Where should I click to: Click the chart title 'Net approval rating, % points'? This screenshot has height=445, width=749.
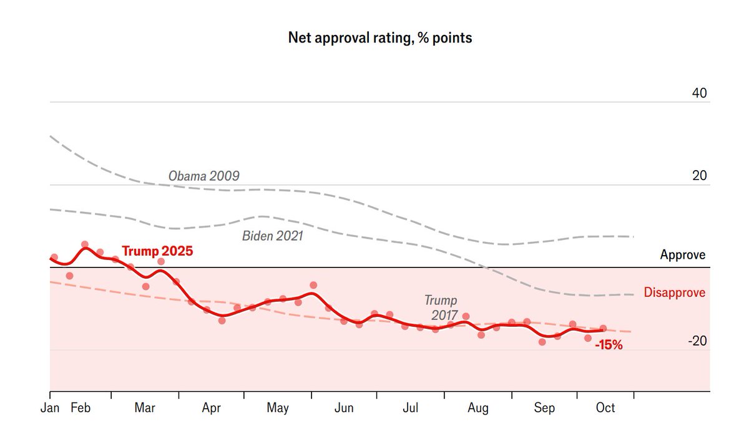pos(379,37)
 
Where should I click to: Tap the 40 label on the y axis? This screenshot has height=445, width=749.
pos(699,93)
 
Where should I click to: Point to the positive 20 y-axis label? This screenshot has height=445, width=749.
pos(699,176)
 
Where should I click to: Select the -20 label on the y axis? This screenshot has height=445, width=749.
pos(697,341)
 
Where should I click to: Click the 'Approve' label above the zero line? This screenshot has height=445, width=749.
pos(683,255)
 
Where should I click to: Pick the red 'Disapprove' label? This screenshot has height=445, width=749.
pos(675,292)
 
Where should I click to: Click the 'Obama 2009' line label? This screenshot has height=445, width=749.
pos(203,176)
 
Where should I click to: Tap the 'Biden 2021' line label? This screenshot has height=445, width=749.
pos(272,236)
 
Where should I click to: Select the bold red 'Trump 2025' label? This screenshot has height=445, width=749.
pos(157,251)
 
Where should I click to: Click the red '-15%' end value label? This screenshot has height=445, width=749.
pos(609,344)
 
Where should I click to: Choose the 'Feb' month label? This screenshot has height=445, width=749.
pos(81,408)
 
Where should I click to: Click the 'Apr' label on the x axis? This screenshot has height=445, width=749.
pos(212,408)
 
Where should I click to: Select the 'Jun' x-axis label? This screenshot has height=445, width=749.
pos(344,408)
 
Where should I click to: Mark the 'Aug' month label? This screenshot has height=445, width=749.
pos(478,408)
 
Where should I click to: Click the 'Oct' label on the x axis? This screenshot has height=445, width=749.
pos(605,408)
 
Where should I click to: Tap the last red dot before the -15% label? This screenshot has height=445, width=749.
pos(604,328)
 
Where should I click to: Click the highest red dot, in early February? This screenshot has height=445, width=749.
pos(85,244)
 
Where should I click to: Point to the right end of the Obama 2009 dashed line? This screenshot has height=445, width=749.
pos(633,237)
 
